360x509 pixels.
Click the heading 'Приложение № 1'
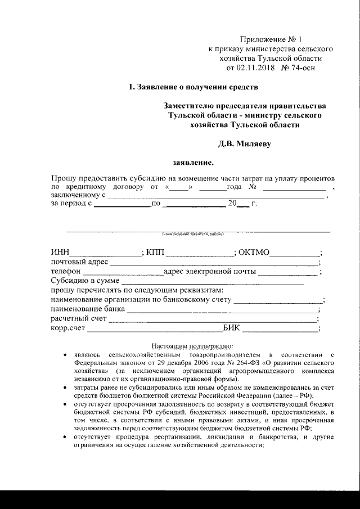(x=271, y=39)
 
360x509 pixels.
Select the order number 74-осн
(x=300, y=68)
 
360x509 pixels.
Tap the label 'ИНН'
(x=60, y=252)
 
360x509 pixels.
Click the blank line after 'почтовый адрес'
(x=214, y=263)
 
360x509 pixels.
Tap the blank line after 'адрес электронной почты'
(x=288, y=273)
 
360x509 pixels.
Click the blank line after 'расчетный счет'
(x=213, y=320)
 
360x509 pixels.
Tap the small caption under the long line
(x=192, y=234)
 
